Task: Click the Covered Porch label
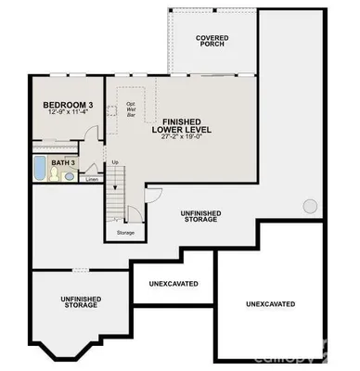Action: click(213, 41)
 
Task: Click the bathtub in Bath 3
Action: click(39, 170)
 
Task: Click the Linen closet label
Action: click(92, 179)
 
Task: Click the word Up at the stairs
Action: click(115, 163)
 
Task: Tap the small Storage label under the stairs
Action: click(125, 232)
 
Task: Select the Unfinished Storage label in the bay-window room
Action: click(80, 301)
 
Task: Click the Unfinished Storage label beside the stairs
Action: click(201, 216)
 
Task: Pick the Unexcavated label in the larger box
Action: click(271, 303)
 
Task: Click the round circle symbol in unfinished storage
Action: click(310, 206)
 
